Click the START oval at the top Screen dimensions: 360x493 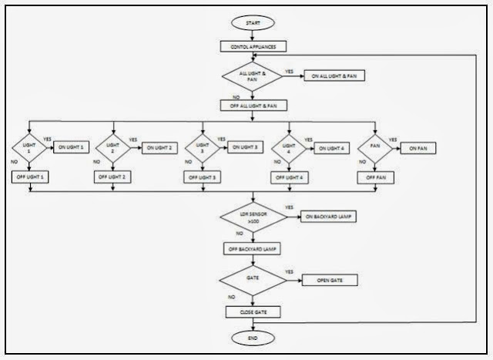(x=253, y=24)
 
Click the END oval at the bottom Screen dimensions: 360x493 (x=253, y=337)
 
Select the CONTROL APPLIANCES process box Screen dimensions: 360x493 (x=253, y=47)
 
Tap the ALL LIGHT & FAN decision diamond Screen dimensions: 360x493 (x=253, y=76)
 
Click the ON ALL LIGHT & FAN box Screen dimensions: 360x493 (x=335, y=76)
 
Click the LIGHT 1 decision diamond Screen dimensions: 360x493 (x=29, y=146)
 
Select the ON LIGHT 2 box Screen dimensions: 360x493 (x=159, y=146)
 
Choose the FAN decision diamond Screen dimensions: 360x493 (x=375, y=146)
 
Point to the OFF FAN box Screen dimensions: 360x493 (x=375, y=177)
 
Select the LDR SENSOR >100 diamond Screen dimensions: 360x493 (x=253, y=217)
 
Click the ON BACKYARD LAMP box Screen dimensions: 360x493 (x=330, y=217)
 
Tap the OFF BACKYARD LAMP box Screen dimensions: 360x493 (x=253, y=249)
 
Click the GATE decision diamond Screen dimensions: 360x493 (x=253, y=279)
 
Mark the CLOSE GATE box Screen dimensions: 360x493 (x=253, y=311)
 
